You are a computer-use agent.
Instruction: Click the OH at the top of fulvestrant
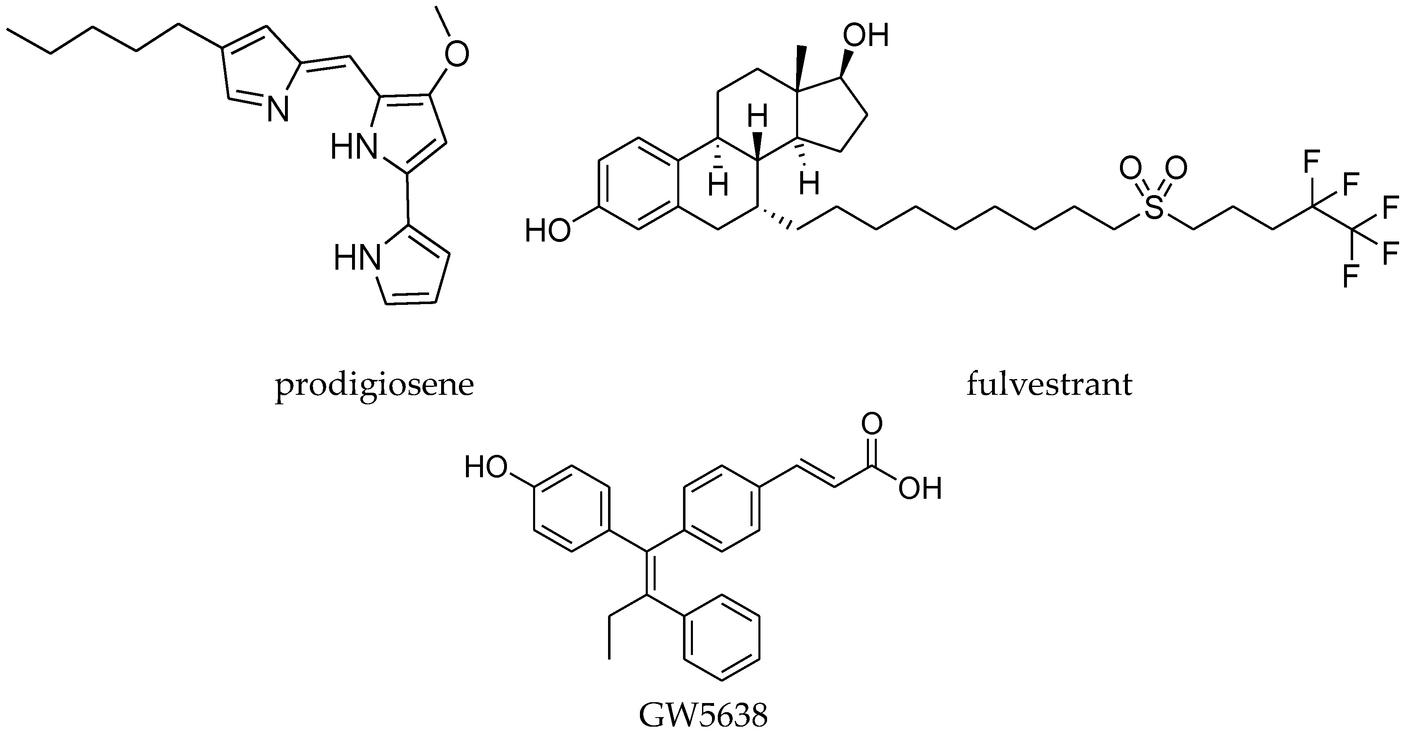866,36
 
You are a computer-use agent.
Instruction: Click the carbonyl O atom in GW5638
872,425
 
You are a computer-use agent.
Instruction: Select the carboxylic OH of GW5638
920,489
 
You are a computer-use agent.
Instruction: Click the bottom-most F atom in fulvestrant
1350,276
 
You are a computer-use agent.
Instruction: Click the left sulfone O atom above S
1129,168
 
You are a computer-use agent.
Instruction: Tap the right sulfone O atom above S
1176,168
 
